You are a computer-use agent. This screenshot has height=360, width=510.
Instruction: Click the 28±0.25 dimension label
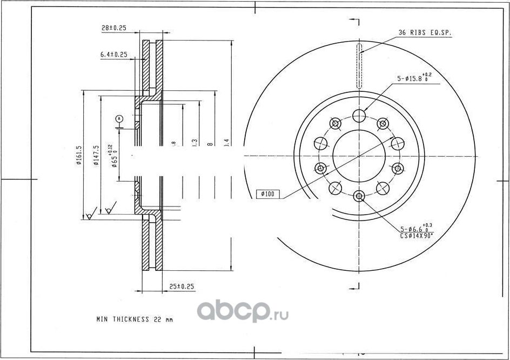click(x=113, y=28)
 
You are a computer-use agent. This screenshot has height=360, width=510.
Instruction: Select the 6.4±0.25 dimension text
click(x=113, y=55)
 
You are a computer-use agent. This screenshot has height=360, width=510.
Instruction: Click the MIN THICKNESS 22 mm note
click(x=135, y=319)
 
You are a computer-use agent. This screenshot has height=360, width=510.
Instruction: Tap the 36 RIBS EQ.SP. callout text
click(x=425, y=33)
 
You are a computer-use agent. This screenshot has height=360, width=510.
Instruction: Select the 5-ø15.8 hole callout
click(x=414, y=78)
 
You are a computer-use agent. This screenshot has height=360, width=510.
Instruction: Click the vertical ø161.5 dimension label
click(x=79, y=156)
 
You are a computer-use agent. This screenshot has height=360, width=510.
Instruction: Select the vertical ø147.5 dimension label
click(x=96, y=156)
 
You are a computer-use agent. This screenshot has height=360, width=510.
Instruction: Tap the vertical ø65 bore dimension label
click(x=113, y=157)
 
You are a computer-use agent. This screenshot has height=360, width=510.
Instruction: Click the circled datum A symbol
click(x=119, y=118)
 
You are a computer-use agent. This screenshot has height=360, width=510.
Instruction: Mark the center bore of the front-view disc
click(x=359, y=156)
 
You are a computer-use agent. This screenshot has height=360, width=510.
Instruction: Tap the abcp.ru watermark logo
click(x=242, y=311)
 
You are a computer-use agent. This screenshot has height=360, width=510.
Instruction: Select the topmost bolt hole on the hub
click(x=359, y=115)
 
